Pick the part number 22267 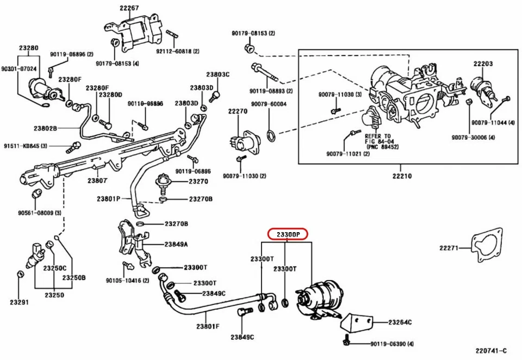(129, 8)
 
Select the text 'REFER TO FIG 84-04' (377, 140)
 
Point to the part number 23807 (98, 180)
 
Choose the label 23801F (208, 326)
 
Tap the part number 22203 (483, 64)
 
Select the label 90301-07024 (18, 69)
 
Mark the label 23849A (176, 245)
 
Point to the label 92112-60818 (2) (178, 51)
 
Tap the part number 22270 (238, 111)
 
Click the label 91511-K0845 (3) (26, 146)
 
